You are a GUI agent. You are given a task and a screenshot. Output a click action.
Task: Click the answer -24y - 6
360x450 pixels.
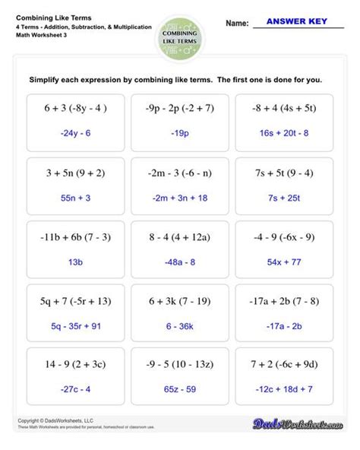click(74, 133)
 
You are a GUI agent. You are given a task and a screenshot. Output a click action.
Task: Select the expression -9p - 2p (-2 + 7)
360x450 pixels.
click(179, 109)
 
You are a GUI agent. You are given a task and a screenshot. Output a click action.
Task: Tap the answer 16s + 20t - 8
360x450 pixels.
click(284, 133)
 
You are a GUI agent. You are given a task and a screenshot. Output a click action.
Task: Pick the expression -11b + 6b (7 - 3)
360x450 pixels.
click(74, 236)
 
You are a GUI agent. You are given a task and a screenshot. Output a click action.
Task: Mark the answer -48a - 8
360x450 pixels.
click(179, 261)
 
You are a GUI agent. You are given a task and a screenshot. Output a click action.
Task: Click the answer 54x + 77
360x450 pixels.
click(284, 261)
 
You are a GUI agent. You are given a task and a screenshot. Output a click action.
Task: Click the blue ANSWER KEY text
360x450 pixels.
click(297, 23)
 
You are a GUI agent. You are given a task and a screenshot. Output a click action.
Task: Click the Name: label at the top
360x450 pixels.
click(237, 24)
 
